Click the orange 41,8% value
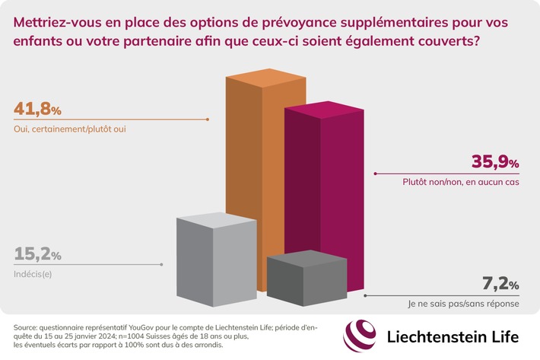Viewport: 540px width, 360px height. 37,108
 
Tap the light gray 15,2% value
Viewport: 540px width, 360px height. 37,254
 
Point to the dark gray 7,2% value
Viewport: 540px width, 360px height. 501,285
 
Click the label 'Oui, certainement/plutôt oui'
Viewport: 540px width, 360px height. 68,128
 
